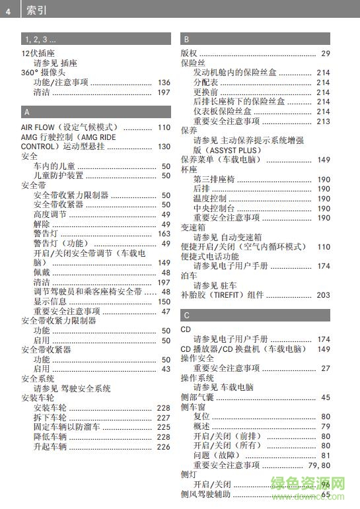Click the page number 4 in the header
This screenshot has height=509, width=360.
click(x=8, y=11)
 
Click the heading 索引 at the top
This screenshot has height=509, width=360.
click(x=36, y=11)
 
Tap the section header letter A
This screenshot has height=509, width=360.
click(x=26, y=112)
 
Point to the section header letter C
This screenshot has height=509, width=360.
click(x=187, y=315)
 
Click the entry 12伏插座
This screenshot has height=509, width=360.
click(x=38, y=53)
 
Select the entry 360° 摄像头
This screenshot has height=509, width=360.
click(x=44, y=73)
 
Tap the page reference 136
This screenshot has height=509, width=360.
click(x=164, y=83)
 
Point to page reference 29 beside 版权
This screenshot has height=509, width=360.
click(x=326, y=53)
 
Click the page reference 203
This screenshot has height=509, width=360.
click(x=323, y=295)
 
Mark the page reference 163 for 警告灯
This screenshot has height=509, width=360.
click(x=164, y=234)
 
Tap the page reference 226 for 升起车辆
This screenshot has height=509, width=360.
click(x=164, y=447)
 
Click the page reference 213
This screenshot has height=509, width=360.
click(x=323, y=121)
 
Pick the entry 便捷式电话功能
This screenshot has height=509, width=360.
click(x=210, y=256)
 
